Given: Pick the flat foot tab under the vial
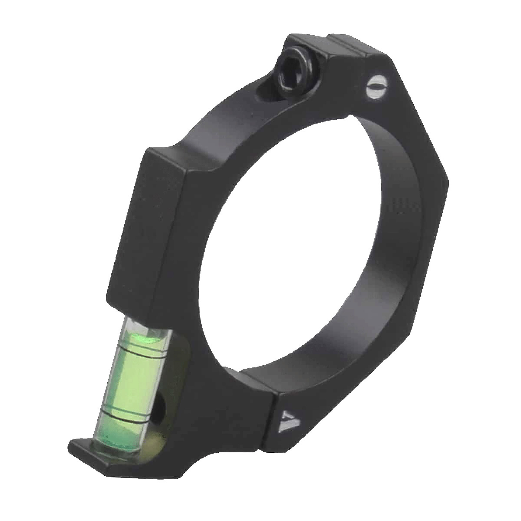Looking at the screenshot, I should pos(86,450).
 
